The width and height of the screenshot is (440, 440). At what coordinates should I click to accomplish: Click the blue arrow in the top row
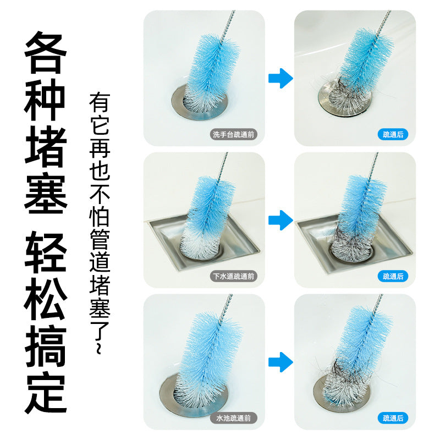pyautogui.click(x=280, y=79)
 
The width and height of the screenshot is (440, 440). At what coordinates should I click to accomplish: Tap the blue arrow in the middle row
pyautogui.click(x=280, y=220)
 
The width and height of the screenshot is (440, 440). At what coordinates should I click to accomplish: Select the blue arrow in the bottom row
pyautogui.click(x=280, y=361)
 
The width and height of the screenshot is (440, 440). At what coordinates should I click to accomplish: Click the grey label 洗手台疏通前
pyautogui.click(x=234, y=135)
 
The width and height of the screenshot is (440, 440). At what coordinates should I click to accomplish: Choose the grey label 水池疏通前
pyautogui.click(x=234, y=419)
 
